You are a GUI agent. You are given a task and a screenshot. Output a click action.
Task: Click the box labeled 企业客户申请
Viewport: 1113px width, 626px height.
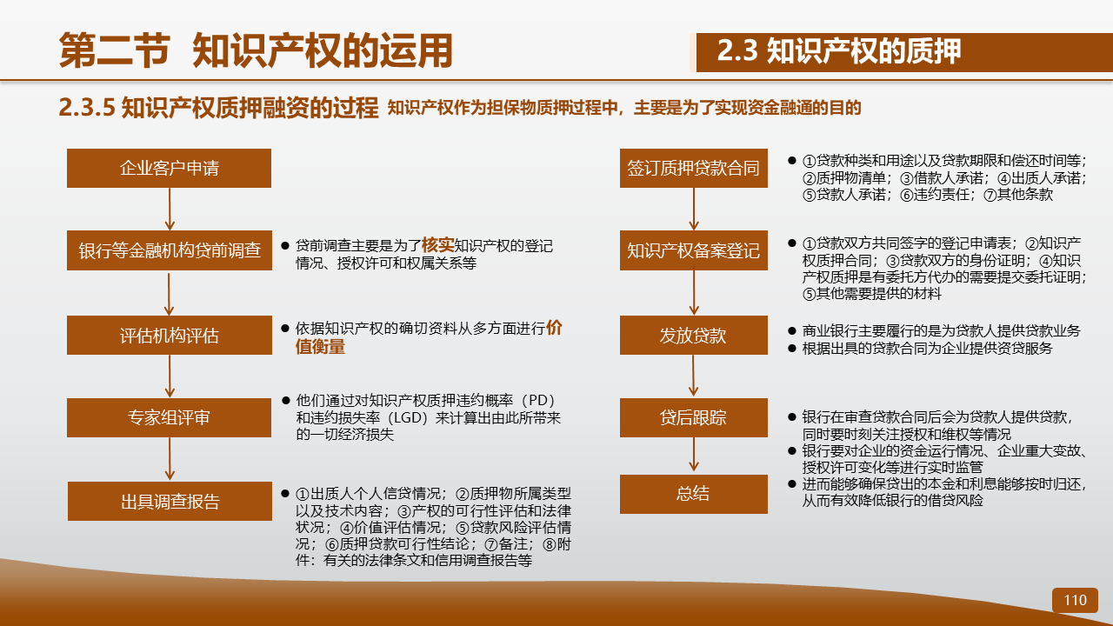click(169, 168)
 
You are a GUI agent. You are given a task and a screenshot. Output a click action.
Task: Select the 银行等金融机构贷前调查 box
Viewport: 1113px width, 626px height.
click(170, 250)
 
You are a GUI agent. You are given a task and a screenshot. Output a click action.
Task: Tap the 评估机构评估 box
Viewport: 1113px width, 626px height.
click(170, 336)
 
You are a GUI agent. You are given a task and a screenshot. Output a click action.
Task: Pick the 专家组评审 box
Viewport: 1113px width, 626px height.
click(169, 418)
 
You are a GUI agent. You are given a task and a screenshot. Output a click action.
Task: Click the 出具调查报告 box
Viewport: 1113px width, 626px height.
click(170, 502)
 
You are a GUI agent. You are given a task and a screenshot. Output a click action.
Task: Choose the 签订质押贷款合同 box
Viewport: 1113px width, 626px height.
click(694, 168)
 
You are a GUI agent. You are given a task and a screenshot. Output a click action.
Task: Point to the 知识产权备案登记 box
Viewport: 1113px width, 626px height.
click(694, 250)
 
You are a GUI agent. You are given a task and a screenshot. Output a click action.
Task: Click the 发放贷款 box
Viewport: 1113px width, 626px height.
click(694, 336)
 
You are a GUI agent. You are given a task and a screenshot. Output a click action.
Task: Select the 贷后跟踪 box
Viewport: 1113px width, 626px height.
click(694, 418)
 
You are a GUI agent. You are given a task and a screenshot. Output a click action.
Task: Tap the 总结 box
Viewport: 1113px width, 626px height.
click(694, 494)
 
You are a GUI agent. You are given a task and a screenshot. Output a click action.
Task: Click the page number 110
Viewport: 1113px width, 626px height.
click(1075, 600)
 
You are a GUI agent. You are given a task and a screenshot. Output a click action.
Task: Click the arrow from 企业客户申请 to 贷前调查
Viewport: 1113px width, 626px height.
click(170, 209)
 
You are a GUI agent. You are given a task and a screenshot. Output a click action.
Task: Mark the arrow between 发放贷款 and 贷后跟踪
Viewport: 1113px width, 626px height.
click(694, 376)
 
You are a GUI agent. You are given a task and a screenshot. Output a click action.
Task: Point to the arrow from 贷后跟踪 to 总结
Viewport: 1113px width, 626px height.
click(694, 454)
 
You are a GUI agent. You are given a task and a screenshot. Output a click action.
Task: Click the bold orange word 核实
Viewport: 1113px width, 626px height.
click(437, 245)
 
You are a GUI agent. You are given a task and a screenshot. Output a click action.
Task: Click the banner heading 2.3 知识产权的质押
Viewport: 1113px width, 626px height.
click(839, 51)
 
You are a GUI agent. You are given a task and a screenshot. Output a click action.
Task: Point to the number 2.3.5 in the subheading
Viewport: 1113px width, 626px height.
click(87, 107)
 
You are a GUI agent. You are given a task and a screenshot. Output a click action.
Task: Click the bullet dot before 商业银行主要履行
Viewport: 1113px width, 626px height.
click(792, 331)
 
